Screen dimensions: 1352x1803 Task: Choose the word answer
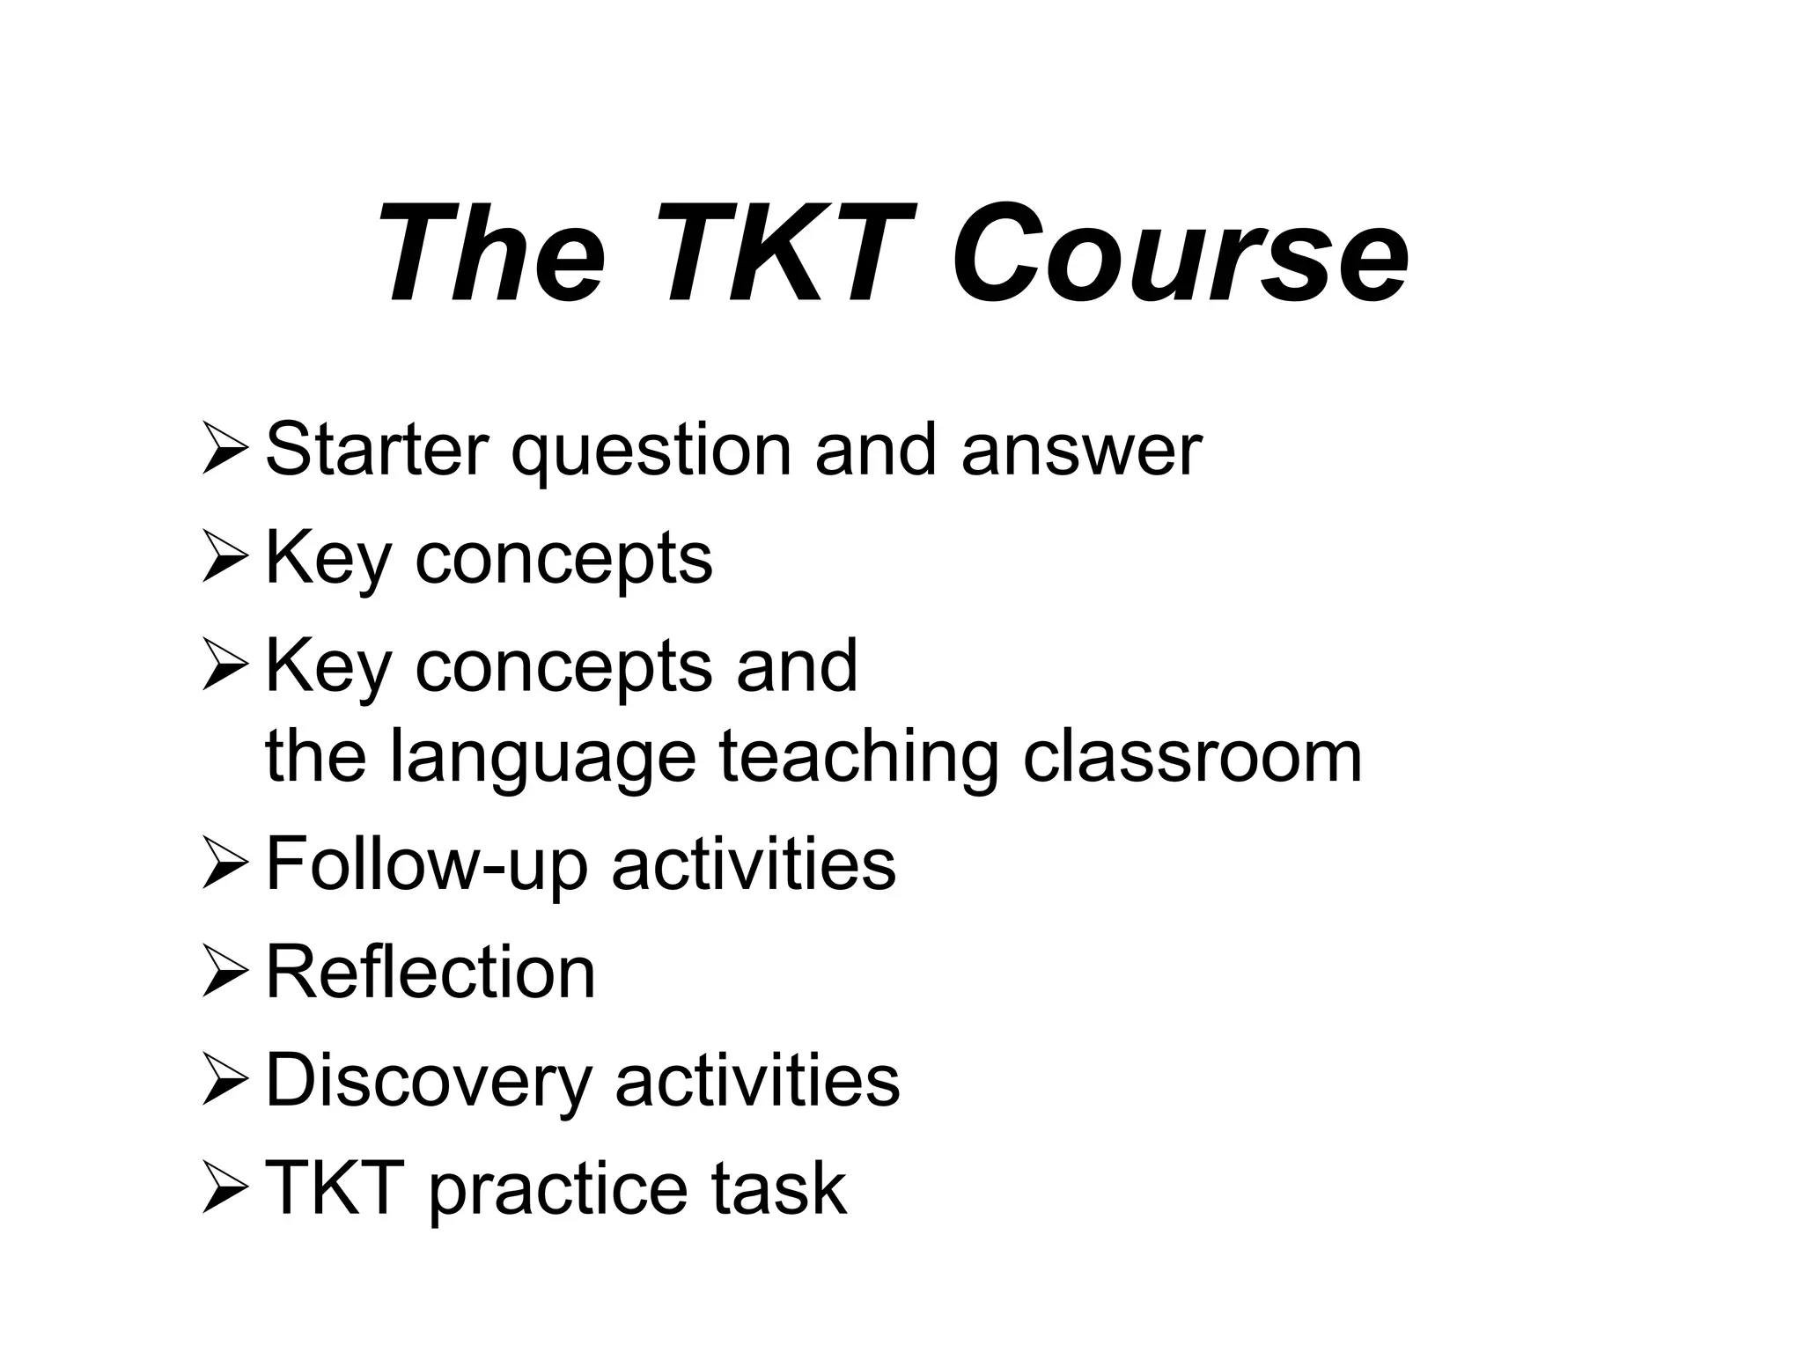[1081, 452]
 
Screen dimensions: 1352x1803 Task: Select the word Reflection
[431, 972]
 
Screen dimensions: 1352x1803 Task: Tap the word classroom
[1192, 757]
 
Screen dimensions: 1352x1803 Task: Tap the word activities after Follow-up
[754, 864]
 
